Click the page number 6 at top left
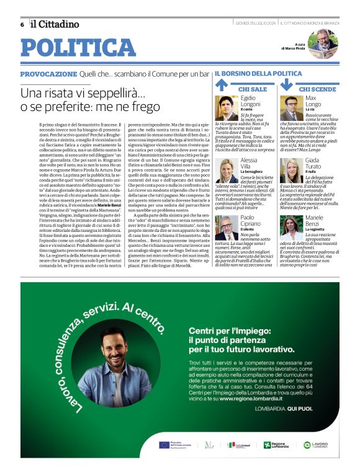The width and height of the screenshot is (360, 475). [22, 24]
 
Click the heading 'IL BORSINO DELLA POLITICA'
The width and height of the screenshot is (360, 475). [258, 74]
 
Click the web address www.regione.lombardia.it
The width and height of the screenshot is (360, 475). [256, 399]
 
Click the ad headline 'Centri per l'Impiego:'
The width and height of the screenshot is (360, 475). [233, 331]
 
